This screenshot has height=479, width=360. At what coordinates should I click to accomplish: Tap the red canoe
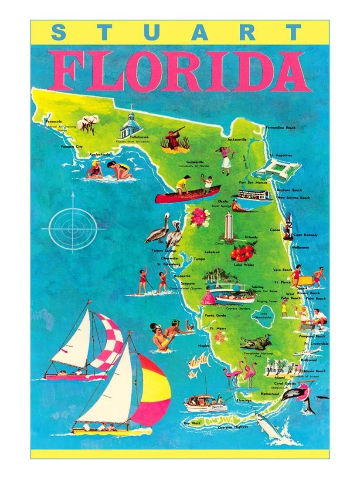(x=187, y=195)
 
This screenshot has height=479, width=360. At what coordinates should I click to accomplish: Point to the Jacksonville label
(x=237, y=140)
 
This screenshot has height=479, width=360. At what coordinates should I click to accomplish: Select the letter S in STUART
(x=60, y=32)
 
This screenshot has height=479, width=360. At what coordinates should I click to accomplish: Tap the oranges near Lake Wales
(x=242, y=252)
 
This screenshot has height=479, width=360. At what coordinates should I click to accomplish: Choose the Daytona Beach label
(x=289, y=190)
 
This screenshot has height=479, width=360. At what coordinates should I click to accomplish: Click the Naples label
(x=204, y=345)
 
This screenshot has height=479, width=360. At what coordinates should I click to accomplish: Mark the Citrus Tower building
(x=229, y=226)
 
